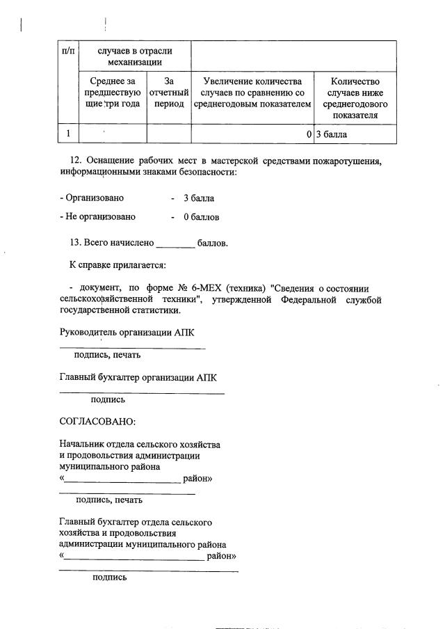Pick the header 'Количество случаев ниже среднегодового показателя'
coord(355,98)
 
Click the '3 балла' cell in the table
coord(332,134)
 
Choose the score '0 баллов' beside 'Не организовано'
coord(202,217)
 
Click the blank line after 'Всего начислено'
coord(176,244)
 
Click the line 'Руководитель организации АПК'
coord(127,333)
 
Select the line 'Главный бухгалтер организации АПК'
coord(138,378)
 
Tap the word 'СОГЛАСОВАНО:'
coord(98,422)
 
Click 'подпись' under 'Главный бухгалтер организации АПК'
coord(108,400)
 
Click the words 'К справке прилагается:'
coord(118,265)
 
